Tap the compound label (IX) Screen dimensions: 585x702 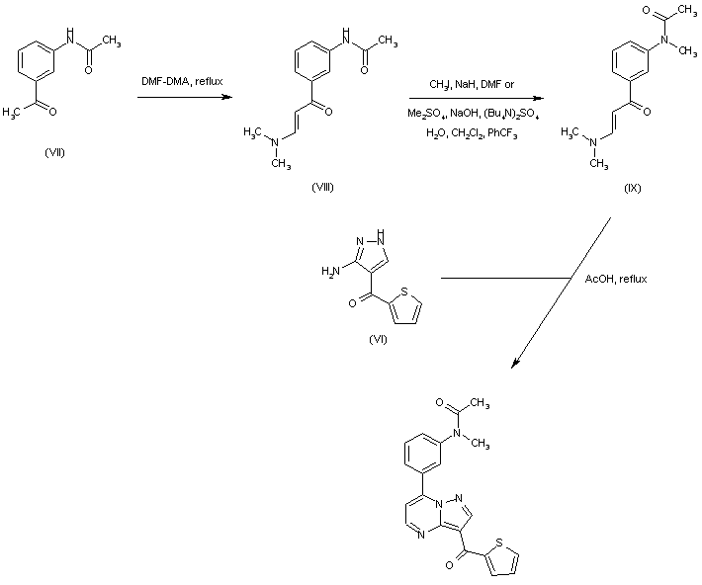tap(633, 188)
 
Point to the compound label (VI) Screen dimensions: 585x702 tap(377, 338)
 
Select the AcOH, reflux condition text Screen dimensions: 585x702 tap(617, 280)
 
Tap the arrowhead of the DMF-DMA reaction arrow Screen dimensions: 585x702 tap(228, 97)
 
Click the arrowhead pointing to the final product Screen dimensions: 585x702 tap(515, 368)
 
